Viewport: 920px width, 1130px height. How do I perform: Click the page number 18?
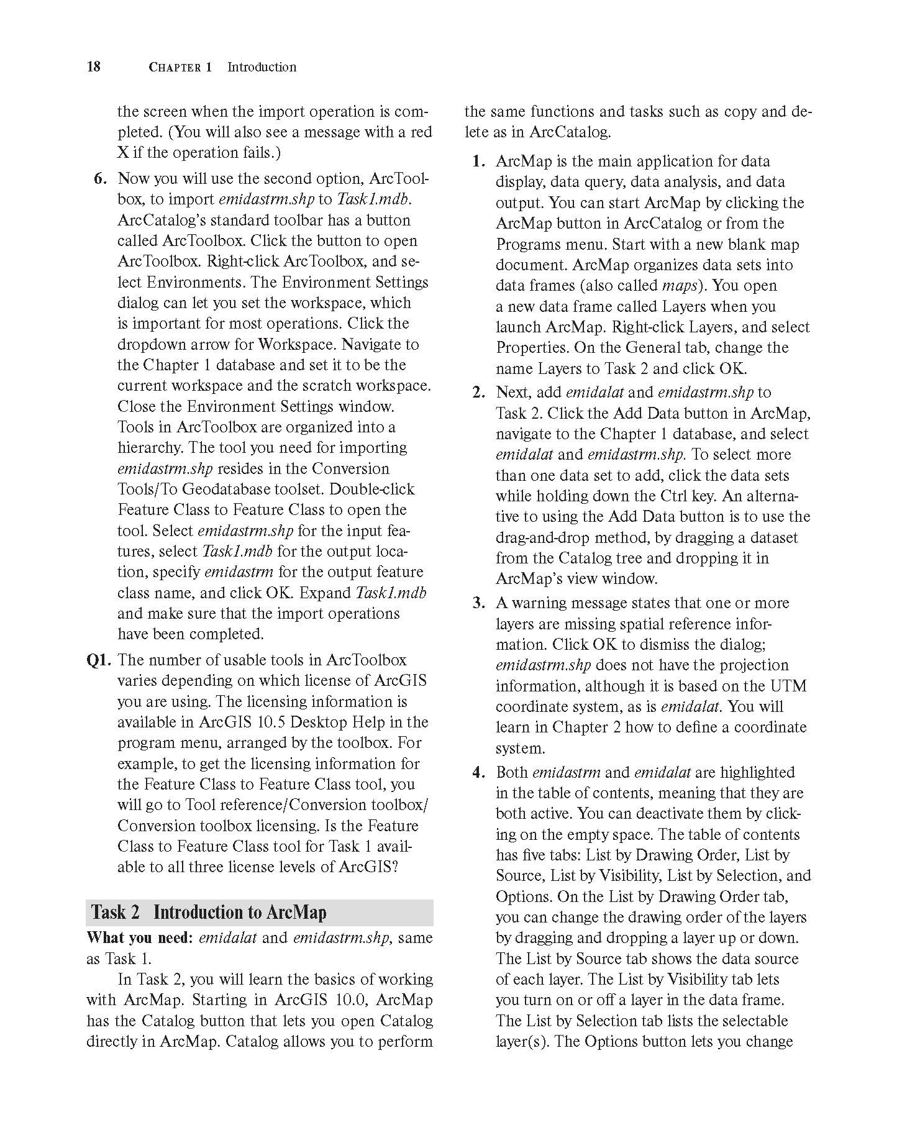coord(93,66)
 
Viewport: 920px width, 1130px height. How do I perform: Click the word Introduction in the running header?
coord(262,67)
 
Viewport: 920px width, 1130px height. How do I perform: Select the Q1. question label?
coord(99,660)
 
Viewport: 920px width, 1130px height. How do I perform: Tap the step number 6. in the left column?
coord(101,179)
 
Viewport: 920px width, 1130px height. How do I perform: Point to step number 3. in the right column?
coord(478,603)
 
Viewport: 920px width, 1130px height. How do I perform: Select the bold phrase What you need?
coord(140,938)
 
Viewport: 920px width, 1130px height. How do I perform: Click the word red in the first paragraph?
coord(419,132)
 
